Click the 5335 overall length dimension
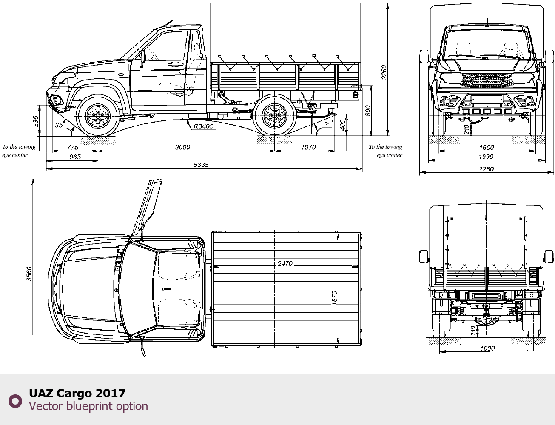point(201,165)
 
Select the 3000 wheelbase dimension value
point(183,147)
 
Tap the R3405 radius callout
point(203,126)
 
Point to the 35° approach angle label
point(59,125)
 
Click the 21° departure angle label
point(328,124)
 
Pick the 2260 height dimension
point(384,72)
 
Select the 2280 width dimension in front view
point(486,169)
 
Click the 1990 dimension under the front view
point(486,157)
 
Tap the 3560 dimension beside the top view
point(29,274)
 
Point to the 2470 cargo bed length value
point(285,263)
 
